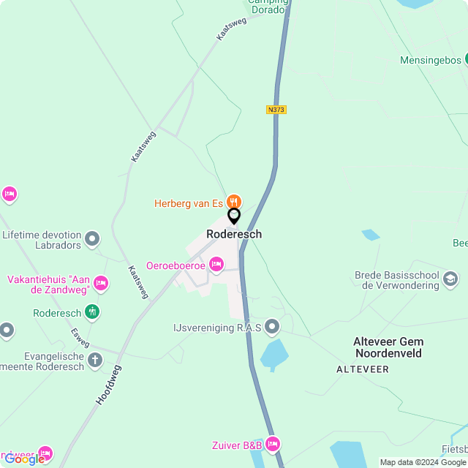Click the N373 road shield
pos(276,110)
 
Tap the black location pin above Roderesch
pos(234,216)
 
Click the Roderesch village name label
pos(234,234)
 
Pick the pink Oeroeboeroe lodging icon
pos(216,264)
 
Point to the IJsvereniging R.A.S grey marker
pos(272,325)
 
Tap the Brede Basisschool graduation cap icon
pos(450,279)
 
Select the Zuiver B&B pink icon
pos(273,443)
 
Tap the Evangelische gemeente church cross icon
pos(95,359)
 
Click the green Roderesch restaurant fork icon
pos(92,312)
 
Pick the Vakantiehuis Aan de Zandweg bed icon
pos(101,283)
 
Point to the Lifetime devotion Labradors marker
pos(92,238)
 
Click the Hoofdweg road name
pos(108,385)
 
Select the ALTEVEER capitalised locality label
pos(363,369)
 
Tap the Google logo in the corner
pos(23,459)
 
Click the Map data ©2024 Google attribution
pos(423,462)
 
